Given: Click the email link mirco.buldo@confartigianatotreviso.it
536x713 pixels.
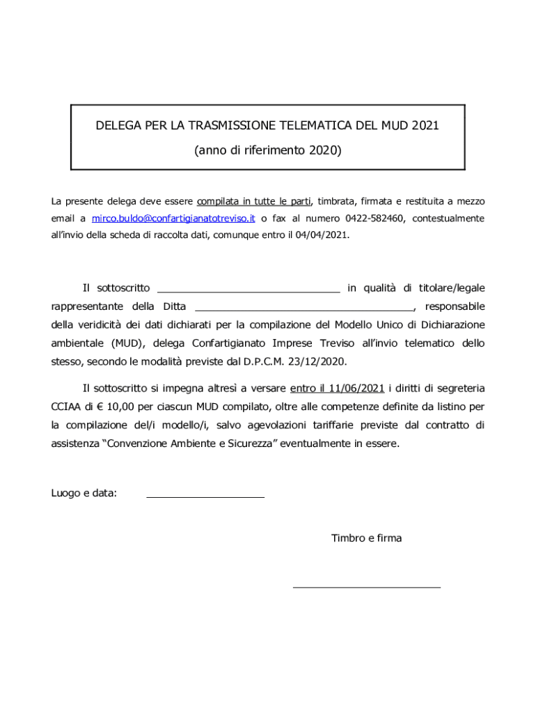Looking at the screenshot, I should (x=173, y=218).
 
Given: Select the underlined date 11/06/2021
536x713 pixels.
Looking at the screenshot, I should (x=358, y=388).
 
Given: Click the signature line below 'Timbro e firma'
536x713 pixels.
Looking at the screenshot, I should (x=367, y=587).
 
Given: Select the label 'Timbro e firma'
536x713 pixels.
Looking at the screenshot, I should (x=366, y=538).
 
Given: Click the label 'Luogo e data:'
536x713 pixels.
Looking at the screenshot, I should (x=84, y=494).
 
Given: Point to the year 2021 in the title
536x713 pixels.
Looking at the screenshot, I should (x=425, y=126).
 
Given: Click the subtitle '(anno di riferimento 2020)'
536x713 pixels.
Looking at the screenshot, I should (x=268, y=150).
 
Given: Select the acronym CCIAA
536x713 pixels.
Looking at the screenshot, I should (x=67, y=406).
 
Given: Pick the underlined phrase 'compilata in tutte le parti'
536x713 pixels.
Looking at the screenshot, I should (x=253, y=201).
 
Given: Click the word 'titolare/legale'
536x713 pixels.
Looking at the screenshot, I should (x=452, y=288).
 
